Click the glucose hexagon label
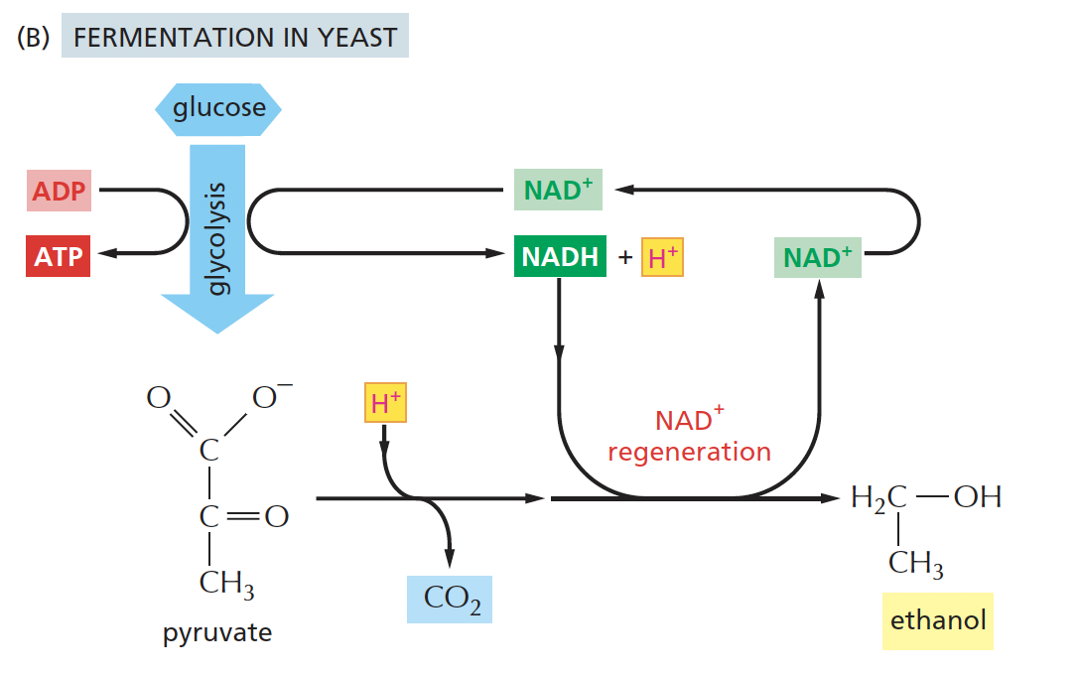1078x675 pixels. coord(218,107)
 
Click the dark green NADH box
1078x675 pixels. coord(560,256)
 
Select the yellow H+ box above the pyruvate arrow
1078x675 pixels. coord(386,403)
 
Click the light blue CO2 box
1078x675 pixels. coord(450,598)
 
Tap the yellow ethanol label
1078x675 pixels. coord(937,621)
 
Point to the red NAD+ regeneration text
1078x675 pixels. coord(689,436)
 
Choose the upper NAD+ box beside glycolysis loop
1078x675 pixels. coord(559,191)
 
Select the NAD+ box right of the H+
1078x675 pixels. coord(817,258)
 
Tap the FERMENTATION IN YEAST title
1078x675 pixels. coord(235,38)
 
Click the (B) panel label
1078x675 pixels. coord(32,38)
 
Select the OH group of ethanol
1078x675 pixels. coord(977,497)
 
